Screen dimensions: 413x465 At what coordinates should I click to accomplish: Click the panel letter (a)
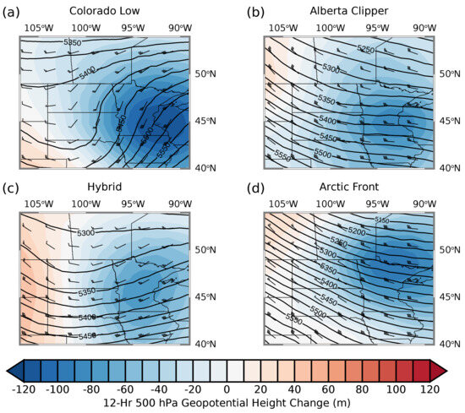point(11,11)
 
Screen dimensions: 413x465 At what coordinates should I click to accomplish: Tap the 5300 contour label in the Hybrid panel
point(85,232)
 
